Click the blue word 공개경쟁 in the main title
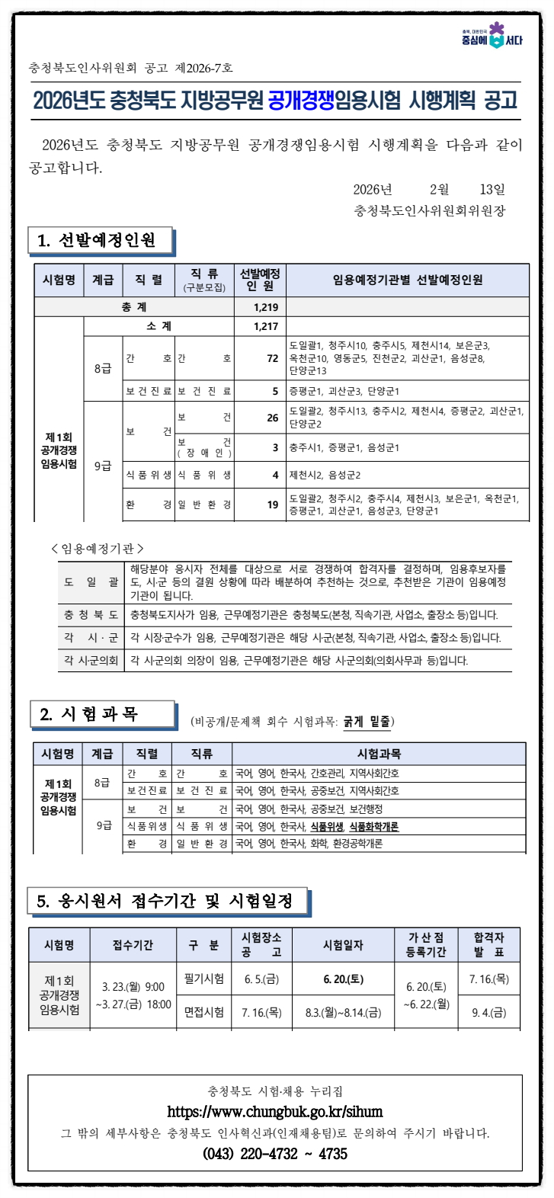coord(301,101)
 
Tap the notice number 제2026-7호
coord(204,68)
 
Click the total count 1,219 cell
coord(266,307)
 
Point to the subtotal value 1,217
coord(266,326)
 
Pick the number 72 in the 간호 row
coord(272,358)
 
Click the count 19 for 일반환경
coord(272,505)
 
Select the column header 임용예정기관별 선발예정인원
coord(408,280)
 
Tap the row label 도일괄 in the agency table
coord(91,582)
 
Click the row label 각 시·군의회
coord(91,660)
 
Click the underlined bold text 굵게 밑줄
coord(367,721)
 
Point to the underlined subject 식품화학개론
coord(374,826)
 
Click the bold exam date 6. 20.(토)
coord(343,979)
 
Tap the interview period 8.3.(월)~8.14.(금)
coord(343,1013)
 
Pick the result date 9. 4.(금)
coord(488,1013)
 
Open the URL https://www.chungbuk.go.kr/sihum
coord(275,1112)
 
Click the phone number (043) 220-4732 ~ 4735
coord(275,1154)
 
